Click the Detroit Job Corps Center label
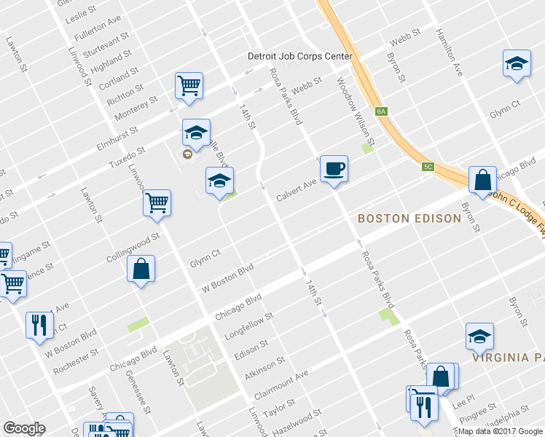(x=300, y=56)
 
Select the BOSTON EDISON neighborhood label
(x=409, y=218)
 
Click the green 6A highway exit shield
(x=381, y=111)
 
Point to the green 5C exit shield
(x=428, y=167)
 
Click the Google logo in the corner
(x=24, y=428)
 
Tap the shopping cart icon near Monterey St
(x=189, y=86)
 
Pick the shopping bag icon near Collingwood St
(x=141, y=269)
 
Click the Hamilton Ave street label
(x=450, y=54)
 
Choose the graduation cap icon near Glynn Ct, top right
(x=516, y=63)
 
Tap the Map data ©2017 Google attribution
(x=501, y=431)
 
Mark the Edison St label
(x=251, y=349)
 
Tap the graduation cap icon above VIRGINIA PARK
(x=479, y=336)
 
